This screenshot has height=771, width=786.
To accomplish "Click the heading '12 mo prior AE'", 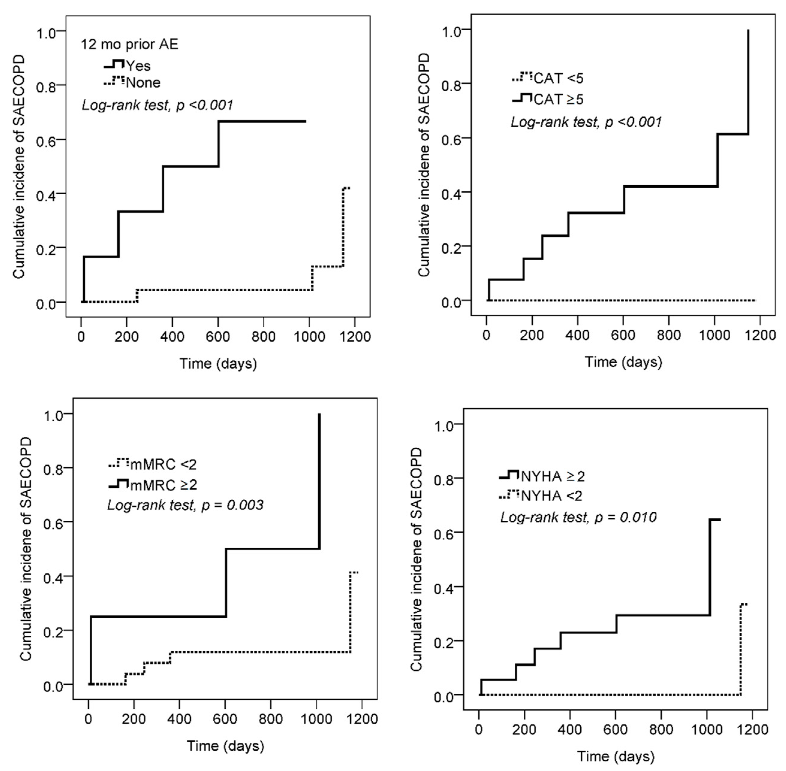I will pyautogui.click(x=129, y=44).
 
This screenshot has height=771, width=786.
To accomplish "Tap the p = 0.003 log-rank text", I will pyautogui.click(x=185, y=505).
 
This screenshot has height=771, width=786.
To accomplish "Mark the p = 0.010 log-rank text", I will pyautogui.click(x=578, y=517).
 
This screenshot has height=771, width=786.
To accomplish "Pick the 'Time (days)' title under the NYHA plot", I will pyautogui.click(x=616, y=756).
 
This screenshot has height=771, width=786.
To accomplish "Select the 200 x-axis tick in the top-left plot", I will pyautogui.click(x=127, y=337).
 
